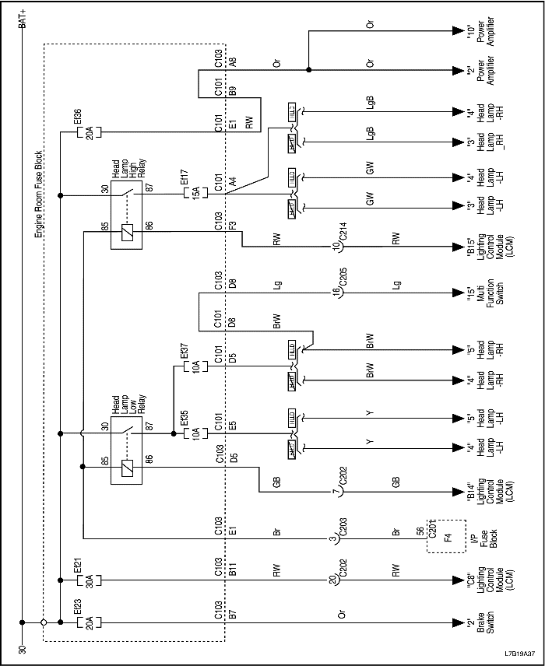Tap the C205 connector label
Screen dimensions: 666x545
coord(342,293)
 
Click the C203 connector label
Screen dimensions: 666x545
coord(342,538)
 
